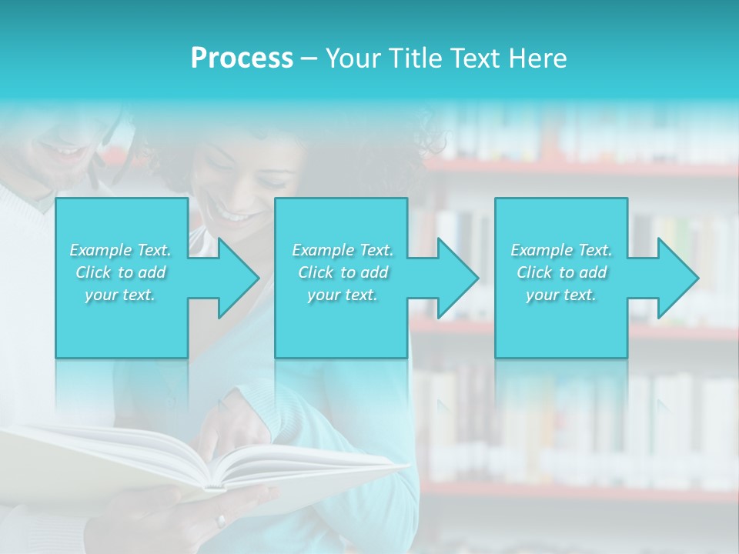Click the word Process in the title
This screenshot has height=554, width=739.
pos(242,58)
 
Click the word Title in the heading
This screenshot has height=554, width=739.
pos(416,58)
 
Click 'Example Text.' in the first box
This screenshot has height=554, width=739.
pos(120,250)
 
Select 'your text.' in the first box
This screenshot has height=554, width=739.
pos(120,295)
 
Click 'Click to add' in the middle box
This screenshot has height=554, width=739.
pos(343,272)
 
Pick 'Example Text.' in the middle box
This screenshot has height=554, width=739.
pos(343,250)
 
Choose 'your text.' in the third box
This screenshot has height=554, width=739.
pos(561,295)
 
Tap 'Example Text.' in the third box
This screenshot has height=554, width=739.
pos(561,250)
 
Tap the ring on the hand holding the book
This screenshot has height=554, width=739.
pos(222,521)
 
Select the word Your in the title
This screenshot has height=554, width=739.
pos(351,58)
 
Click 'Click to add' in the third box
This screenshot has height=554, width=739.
pos(561,272)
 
